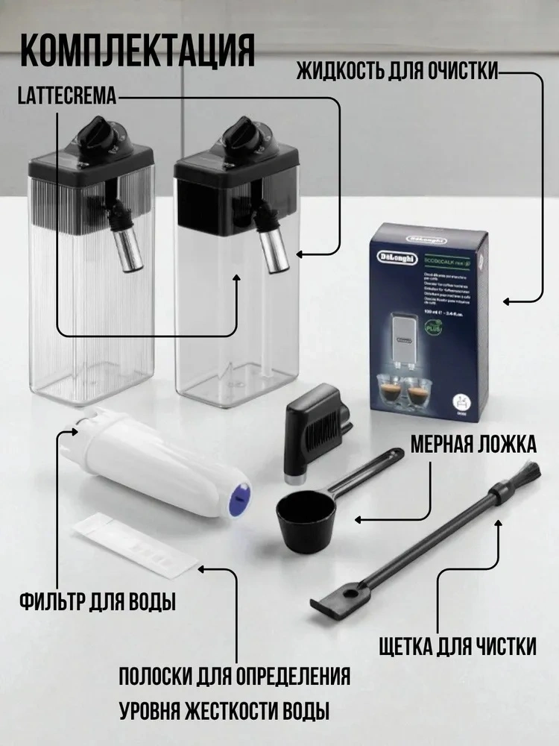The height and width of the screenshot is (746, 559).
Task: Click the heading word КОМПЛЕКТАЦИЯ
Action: tap(138, 51)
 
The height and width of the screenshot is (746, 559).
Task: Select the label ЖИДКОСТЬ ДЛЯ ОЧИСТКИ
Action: tap(397, 74)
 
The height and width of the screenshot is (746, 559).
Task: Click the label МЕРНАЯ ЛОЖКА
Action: tap(473, 445)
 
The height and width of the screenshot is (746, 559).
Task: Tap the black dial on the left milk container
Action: tap(96, 133)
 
